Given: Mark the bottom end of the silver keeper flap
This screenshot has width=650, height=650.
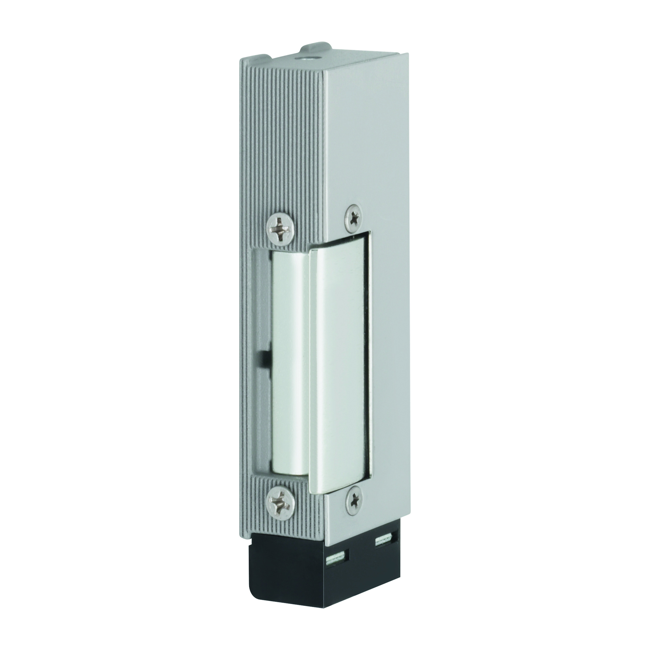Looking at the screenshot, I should coord(340,488).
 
